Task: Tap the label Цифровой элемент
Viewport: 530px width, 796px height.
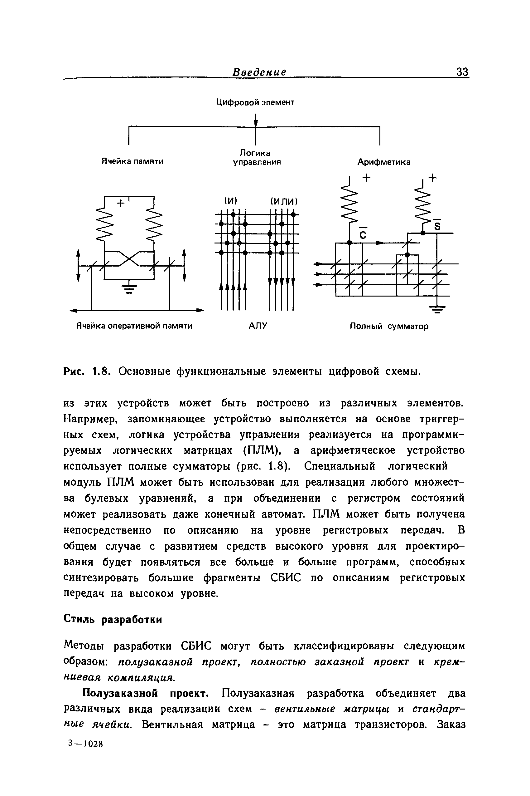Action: (255, 102)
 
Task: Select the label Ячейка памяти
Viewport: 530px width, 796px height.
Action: (132, 161)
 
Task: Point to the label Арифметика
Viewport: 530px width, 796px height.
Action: (384, 162)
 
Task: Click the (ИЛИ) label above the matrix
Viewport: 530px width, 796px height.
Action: (284, 201)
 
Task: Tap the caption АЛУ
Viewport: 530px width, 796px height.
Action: (258, 326)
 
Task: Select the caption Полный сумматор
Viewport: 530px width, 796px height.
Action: (389, 326)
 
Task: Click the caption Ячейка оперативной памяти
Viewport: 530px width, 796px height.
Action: (134, 326)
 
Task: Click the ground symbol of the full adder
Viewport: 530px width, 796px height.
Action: (437, 309)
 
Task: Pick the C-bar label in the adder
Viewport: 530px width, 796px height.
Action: (362, 233)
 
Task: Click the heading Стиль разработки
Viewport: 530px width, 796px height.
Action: (113, 619)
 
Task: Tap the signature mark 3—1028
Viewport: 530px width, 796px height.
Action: (85, 744)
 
